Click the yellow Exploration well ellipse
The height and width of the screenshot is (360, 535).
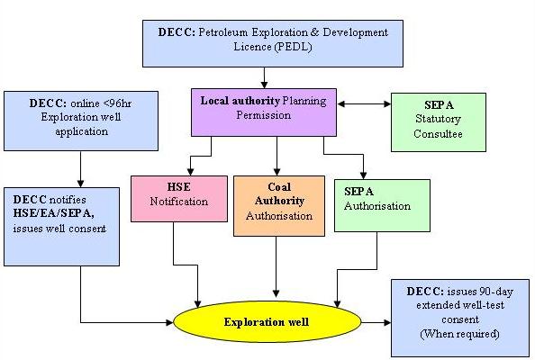tap(267, 321)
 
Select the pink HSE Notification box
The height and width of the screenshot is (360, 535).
tap(179, 199)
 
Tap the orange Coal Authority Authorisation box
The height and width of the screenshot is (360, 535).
tap(279, 206)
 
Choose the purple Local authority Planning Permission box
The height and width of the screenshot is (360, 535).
tap(264, 112)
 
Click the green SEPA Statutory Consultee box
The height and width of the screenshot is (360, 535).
tap(439, 122)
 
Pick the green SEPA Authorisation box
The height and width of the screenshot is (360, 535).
tap(382, 205)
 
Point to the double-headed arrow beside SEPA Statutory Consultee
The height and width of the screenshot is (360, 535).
tap(364, 104)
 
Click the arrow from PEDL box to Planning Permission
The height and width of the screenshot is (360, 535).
tap(264, 77)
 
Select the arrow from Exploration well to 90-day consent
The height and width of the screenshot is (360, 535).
tap(376, 322)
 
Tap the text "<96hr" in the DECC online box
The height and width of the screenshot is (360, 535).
tap(117, 103)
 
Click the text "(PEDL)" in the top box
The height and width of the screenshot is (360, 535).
tap(293, 47)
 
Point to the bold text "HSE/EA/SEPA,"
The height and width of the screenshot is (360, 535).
tap(53, 213)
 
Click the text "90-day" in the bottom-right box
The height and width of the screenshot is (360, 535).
tap(496, 292)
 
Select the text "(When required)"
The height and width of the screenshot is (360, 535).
tap(459, 333)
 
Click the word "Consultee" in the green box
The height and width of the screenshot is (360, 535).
tap(438, 133)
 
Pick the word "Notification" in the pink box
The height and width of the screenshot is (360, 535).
tap(179, 202)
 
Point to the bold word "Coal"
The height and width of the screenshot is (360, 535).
tap(279, 187)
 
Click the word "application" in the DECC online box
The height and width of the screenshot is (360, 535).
tap(82, 131)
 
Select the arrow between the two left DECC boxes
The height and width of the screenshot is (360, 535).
tap(80, 169)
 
